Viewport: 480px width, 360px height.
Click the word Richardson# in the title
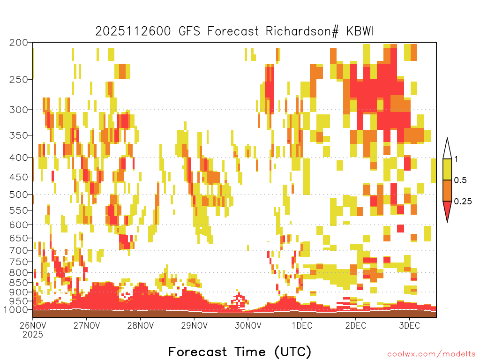[x=302, y=31]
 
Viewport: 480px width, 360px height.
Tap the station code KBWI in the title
[x=360, y=31]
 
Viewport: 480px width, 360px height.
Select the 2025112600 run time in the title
[x=133, y=31]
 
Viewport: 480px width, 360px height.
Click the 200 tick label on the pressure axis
[x=19, y=43]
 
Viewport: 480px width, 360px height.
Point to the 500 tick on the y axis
[x=19, y=195]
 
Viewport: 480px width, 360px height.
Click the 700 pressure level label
[x=19, y=250]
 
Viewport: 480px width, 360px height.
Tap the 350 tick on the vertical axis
[x=19, y=135]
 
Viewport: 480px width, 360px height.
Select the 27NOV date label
[x=87, y=325]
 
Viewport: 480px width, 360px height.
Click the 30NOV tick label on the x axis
[x=248, y=325]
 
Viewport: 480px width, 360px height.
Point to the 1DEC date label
[x=302, y=325]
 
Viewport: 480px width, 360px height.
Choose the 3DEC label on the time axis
[x=409, y=325]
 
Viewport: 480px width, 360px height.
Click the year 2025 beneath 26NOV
[x=33, y=335]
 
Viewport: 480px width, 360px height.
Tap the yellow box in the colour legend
[x=447, y=169]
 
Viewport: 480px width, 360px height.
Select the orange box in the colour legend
[x=447, y=190]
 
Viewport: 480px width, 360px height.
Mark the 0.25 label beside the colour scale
[x=463, y=202]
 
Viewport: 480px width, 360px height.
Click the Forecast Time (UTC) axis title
[x=240, y=352]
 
